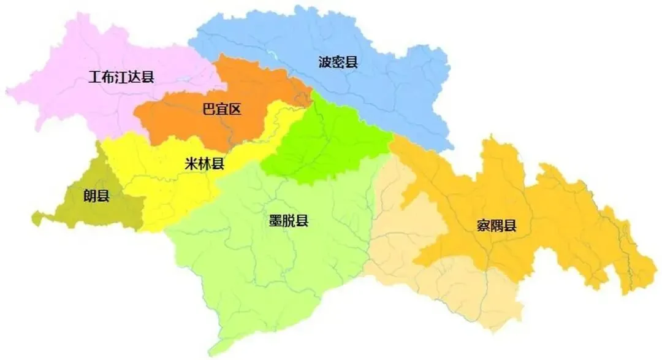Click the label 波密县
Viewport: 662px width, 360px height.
click(338, 62)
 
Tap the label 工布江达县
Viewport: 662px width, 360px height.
click(121, 78)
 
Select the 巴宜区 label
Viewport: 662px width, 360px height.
click(222, 110)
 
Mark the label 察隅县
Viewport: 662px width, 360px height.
click(496, 226)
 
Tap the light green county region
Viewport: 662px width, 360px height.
click(257, 270)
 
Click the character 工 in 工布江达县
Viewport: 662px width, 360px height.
click(94, 78)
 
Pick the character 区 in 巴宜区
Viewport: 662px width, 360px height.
click(235, 110)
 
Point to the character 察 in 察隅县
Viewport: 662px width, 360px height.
click(483, 226)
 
